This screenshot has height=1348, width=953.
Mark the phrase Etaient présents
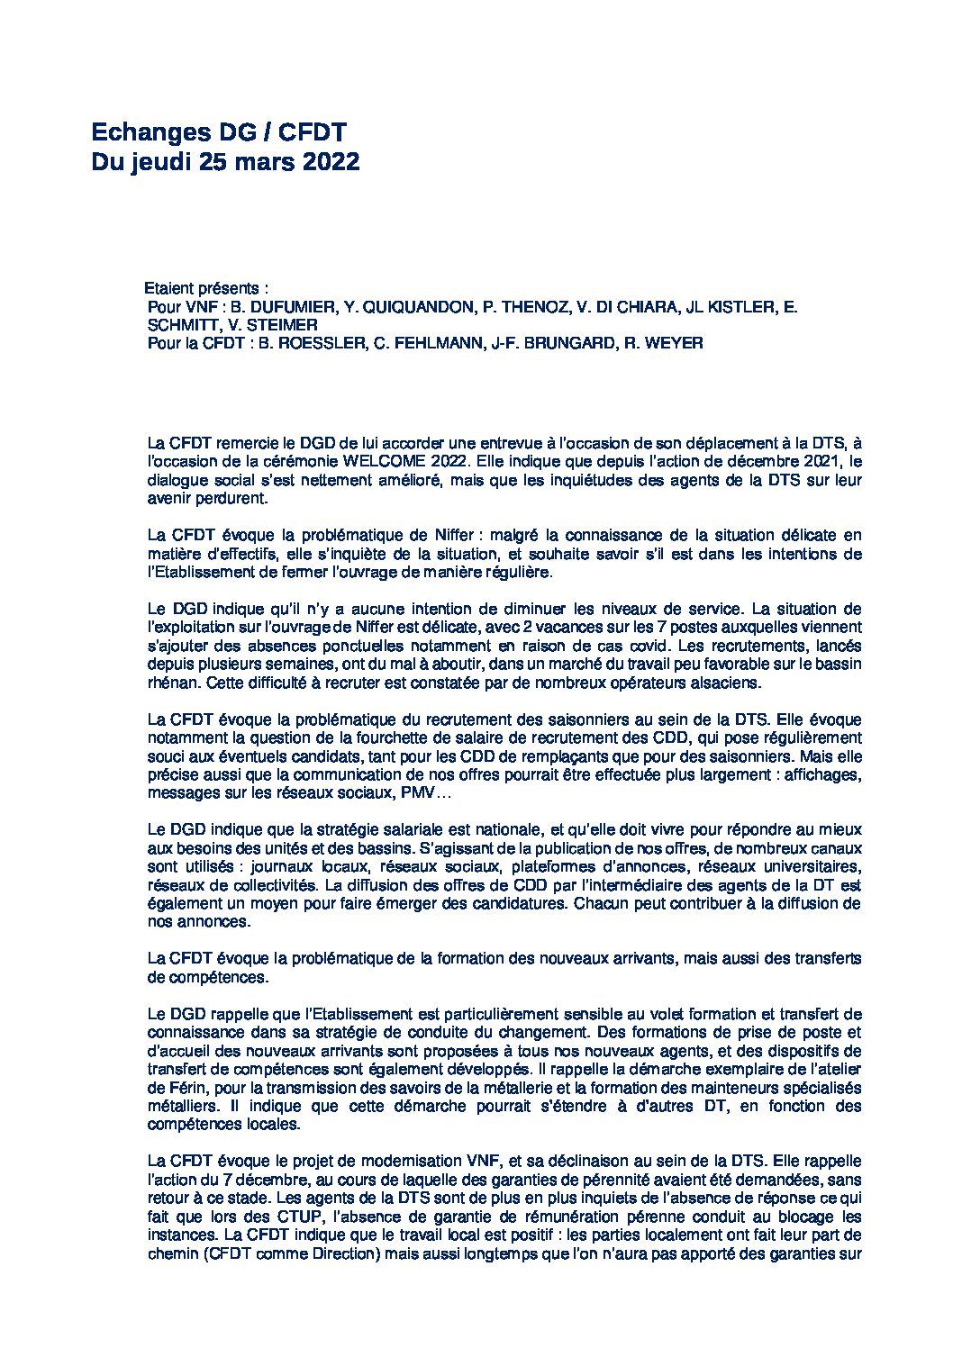[206, 290]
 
